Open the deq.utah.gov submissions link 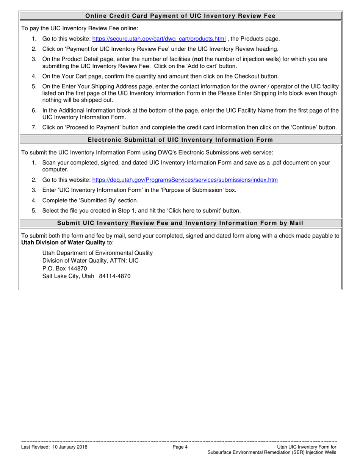pos(185,180)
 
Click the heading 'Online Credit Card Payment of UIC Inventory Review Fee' pos(180,16)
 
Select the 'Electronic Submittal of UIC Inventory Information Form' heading pos(180,140)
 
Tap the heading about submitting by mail pos(180,223)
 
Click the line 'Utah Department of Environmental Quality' pos(97,253)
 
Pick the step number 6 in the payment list pos(34,111)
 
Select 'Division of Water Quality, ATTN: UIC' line pos(90,261)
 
